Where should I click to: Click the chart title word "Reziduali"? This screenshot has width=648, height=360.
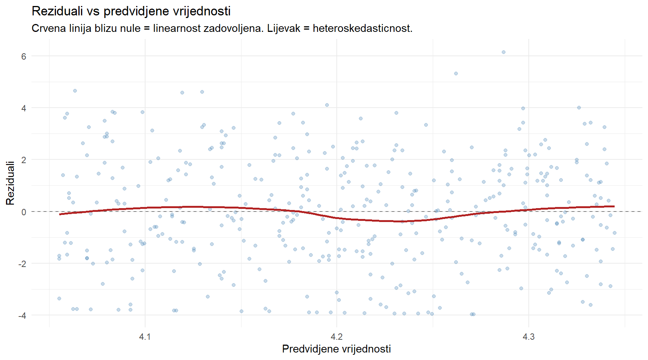click(57, 11)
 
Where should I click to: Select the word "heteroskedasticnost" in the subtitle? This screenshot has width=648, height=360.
click(362, 28)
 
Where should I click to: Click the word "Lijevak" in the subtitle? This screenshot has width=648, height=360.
click(283, 28)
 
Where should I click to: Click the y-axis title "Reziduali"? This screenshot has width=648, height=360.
click(10, 183)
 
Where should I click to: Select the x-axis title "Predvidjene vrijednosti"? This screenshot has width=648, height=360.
click(336, 349)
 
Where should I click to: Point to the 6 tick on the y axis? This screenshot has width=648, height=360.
click(24, 56)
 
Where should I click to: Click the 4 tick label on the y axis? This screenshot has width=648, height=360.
click(24, 108)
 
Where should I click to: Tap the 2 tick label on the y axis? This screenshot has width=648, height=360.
click(24, 160)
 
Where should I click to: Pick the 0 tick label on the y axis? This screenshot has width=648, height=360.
click(24, 212)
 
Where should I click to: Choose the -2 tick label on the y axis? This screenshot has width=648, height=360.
click(22, 264)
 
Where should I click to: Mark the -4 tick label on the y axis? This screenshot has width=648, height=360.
click(22, 315)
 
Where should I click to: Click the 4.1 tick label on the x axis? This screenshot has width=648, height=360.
click(145, 337)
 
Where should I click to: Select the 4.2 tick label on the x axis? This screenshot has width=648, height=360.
click(337, 337)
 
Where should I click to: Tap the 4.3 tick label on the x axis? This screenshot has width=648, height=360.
click(529, 337)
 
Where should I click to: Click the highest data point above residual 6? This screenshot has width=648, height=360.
click(504, 52)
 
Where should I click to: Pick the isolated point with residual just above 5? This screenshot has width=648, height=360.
click(456, 73)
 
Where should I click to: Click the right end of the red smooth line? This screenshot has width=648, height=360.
click(614, 206)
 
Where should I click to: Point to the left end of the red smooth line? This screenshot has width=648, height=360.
click(60, 214)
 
